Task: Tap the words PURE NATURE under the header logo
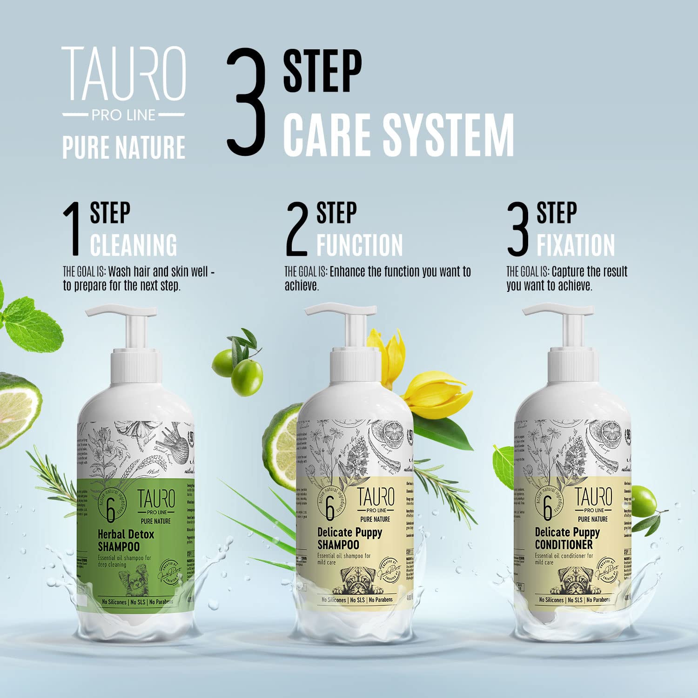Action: click(x=124, y=148)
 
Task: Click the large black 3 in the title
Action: click(x=246, y=102)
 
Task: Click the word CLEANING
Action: click(x=134, y=245)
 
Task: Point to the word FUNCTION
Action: click(x=359, y=245)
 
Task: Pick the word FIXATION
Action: click(x=576, y=245)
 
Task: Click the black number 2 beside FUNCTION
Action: click(x=297, y=229)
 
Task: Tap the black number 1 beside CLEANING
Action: click(x=73, y=229)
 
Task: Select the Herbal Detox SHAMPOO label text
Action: click(x=125, y=540)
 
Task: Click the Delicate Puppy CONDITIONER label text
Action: click(x=567, y=538)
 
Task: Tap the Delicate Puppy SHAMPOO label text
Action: click(x=349, y=538)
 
